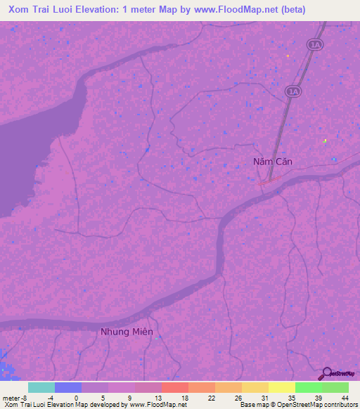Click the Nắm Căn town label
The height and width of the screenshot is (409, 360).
272,162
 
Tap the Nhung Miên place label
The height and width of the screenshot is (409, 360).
127,332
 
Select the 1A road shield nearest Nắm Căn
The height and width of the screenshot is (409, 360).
292,91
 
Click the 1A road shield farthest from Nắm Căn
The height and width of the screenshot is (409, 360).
314,44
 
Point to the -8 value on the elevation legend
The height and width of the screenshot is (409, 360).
26,397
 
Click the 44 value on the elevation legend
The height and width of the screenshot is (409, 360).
345,397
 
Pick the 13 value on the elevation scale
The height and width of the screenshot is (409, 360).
157,397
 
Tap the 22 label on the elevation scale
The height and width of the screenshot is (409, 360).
212,397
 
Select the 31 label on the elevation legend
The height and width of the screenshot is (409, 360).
265,397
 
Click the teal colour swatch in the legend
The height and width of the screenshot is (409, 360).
41,387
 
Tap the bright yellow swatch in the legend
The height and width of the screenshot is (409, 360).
281,387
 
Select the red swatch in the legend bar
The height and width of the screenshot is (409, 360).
174,387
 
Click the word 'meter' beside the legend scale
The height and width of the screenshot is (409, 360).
11,397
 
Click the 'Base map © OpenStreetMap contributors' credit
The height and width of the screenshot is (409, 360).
298,405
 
